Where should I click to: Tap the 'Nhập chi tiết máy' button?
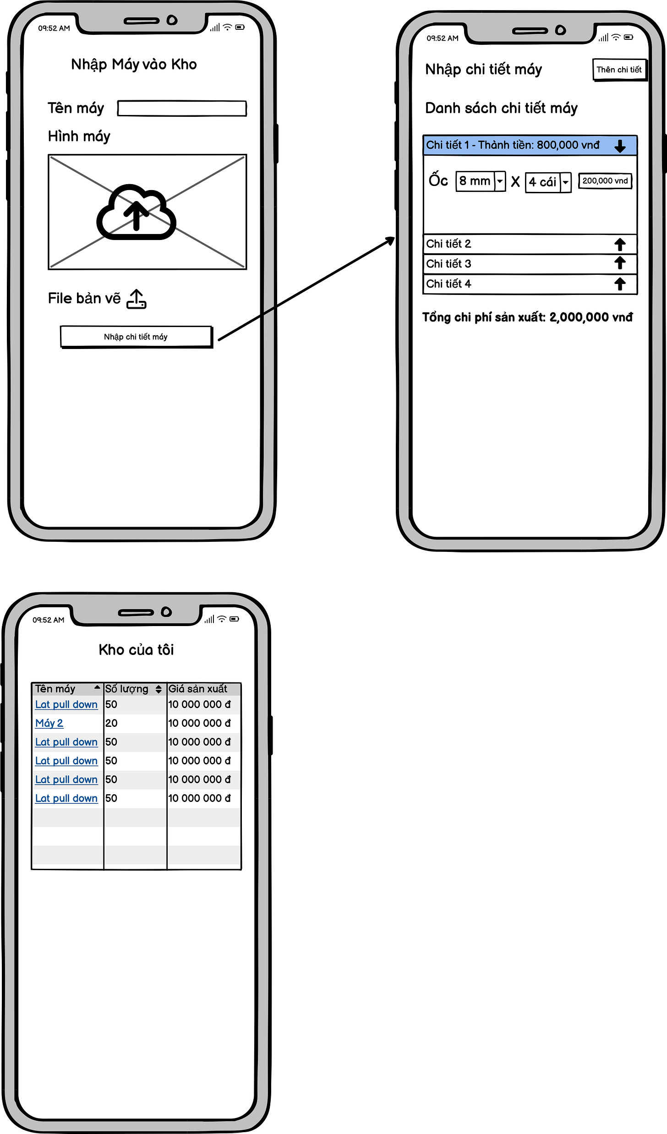click(x=136, y=337)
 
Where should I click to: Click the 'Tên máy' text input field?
click(x=182, y=109)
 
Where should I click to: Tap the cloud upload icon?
click(x=136, y=212)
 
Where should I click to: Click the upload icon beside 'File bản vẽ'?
click(x=137, y=299)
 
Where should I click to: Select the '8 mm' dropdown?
click(x=481, y=181)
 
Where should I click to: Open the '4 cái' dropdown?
click(x=548, y=182)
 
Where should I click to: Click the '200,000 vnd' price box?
click(x=605, y=181)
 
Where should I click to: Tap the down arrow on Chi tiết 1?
click(x=620, y=146)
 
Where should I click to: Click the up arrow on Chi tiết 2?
click(x=620, y=245)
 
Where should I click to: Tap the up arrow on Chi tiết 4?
click(x=620, y=284)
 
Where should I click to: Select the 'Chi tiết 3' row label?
click(x=448, y=264)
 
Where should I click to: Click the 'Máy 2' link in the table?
click(x=49, y=723)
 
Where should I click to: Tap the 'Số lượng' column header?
click(x=127, y=689)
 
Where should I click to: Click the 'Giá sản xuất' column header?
click(x=198, y=689)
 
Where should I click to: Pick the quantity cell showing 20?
click(x=111, y=723)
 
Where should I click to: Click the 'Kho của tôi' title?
click(x=136, y=650)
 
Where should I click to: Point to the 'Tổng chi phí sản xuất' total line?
click(x=527, y=317)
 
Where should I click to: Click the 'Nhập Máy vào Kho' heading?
click(x=134, y=65)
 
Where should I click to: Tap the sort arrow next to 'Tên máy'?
click(x=97, y=687)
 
